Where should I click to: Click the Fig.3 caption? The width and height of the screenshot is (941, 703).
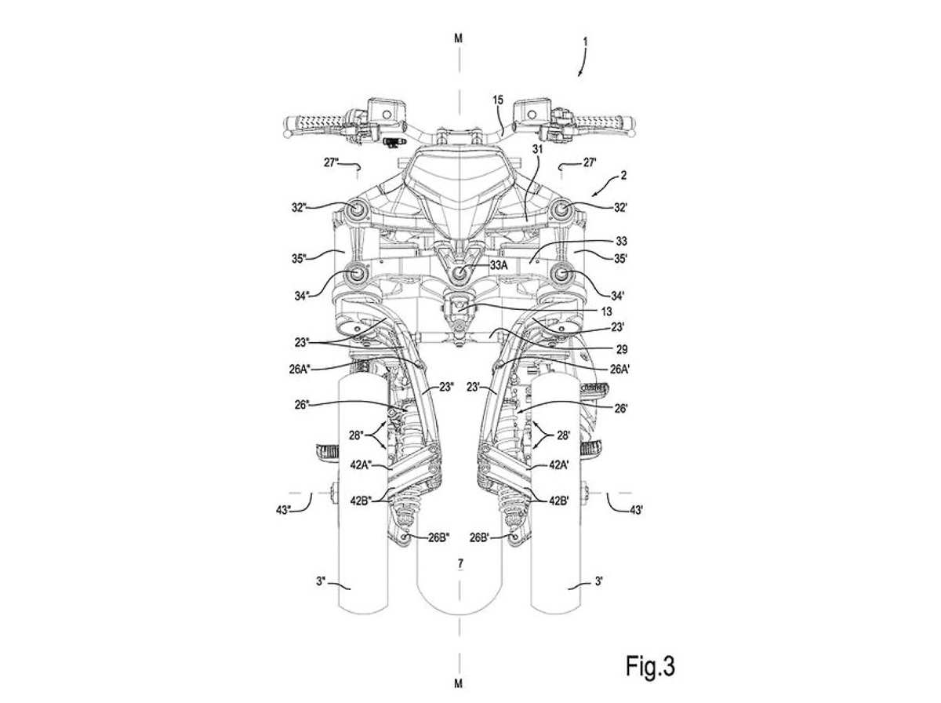coord(650,665)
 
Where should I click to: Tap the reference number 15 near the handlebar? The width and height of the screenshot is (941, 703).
coord(498,100)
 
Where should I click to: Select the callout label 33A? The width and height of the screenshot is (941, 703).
coord(499,265)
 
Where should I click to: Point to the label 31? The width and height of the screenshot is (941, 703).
coord(537,149)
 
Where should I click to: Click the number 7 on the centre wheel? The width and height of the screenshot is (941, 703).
coord(460,563)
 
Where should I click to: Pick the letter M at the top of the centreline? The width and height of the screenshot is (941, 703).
coord(459,38)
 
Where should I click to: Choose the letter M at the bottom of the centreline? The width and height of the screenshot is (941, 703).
coord(459,683)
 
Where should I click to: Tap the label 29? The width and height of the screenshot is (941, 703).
coord(621,350)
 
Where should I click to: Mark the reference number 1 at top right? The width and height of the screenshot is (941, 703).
coord(586,42)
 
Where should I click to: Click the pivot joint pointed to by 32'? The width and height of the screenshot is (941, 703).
coord(561,209)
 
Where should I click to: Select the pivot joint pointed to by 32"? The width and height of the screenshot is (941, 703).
coord(356,209)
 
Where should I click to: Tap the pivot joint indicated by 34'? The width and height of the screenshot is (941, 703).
coord(561,274)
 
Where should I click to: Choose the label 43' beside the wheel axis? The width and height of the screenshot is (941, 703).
coord(636,510)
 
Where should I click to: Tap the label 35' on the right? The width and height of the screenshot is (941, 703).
coord(620,259)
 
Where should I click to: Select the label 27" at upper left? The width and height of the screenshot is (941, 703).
coord(331,163)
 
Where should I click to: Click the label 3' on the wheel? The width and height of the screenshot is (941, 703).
coord(599,581)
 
